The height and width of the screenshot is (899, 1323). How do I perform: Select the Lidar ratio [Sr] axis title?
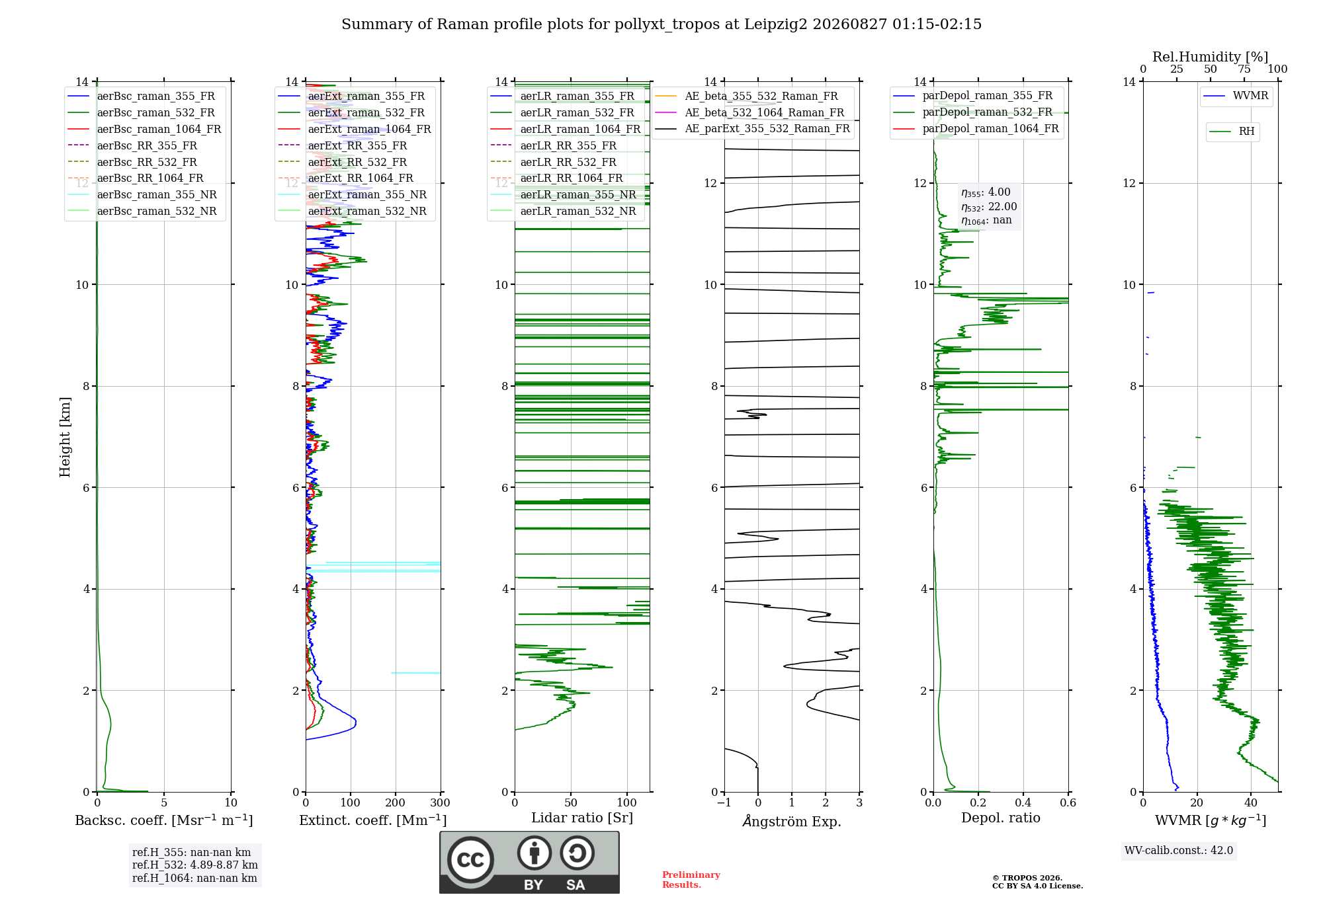coord(582,818)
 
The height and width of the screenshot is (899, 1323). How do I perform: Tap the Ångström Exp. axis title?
coord(792,821)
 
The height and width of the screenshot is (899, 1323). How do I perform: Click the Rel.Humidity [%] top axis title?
coord(1210,57)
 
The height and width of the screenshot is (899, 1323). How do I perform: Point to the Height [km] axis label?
coord(65,437)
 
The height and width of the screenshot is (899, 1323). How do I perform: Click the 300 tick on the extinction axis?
coord(440,802)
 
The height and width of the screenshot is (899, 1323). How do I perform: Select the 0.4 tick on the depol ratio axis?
coord(1023,802)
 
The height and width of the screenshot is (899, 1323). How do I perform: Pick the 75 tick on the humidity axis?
coord(1244,69)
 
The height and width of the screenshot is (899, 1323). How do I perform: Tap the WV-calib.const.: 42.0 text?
coord(1179,850)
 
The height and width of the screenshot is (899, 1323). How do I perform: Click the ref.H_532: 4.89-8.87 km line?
coord(195,865)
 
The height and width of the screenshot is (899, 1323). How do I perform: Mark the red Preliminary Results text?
coord(691,880)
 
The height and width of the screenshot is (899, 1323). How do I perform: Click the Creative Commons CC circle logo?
coord(470,860)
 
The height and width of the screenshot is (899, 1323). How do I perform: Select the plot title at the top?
coord(661,24)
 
